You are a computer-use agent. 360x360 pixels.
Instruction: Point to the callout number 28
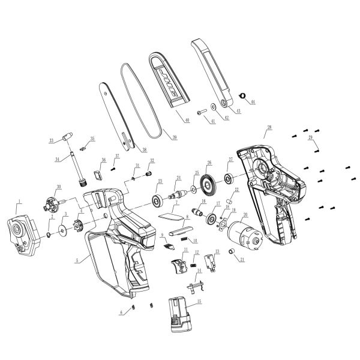(x=269, y=127)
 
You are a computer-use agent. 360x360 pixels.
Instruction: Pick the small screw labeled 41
(x=200, y=112)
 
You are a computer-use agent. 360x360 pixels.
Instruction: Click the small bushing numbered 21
(x=229, y=253)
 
